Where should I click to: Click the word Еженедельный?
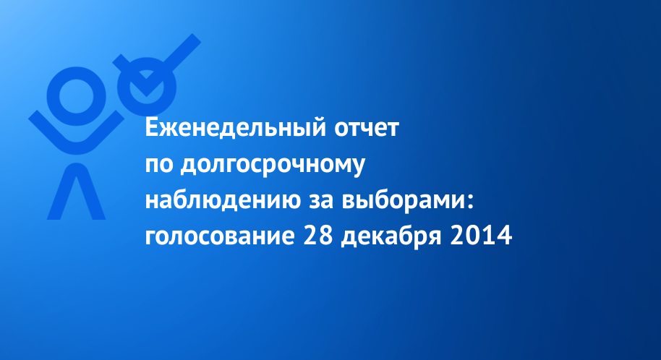click(236, 128)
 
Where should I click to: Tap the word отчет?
click(367, 129)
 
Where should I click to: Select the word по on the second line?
click(159, 166)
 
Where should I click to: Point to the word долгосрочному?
click(273, 166)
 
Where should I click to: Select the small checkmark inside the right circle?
click(146, 84)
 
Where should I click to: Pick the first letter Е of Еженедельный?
click(152, 128)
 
